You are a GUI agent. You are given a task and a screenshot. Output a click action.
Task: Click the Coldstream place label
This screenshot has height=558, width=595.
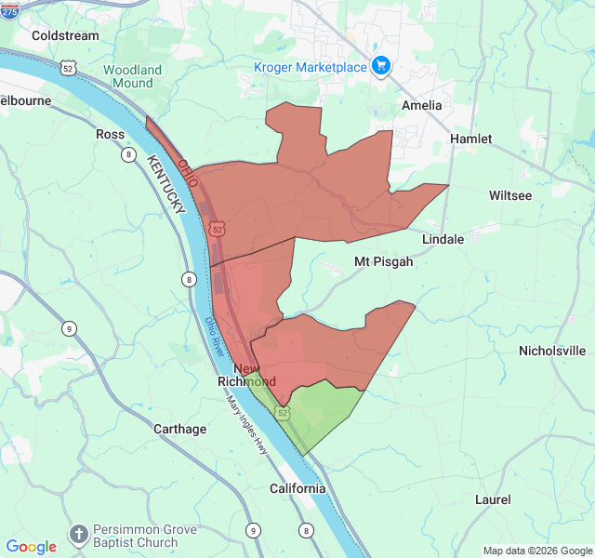tap(64, 35)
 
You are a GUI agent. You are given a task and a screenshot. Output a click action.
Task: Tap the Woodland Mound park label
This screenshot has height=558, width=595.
tap(132, 76)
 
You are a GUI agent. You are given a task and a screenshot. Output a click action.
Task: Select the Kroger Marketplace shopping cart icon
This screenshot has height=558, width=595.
tap(380, 65)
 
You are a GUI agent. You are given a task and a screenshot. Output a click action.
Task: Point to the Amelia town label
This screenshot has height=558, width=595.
tap(422, 105)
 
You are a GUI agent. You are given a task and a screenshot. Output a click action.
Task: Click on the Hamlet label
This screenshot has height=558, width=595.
tap(470, 139)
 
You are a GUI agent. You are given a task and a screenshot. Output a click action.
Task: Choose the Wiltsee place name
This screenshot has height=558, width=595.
tap(510, 195)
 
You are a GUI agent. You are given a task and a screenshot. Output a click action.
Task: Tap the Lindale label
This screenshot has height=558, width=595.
tap(443, 239)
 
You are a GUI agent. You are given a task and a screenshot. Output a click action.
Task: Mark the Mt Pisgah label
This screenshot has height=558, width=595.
tap(383, 261)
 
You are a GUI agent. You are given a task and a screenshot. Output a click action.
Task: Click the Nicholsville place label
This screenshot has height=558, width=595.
tap(552, 351)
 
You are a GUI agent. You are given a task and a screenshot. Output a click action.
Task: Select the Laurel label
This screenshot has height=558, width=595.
tap(492, 499)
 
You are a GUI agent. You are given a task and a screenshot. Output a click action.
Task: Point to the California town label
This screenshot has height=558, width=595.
tap(297, 488)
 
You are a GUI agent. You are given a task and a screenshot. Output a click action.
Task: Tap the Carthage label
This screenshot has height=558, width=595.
tap(179, 429)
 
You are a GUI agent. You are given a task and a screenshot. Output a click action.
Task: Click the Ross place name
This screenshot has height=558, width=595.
tap(110, 134)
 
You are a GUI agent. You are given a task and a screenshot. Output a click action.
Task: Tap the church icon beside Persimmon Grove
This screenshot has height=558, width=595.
tap(79, 536)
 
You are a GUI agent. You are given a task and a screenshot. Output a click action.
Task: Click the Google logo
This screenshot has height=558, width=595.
tap(31, 547)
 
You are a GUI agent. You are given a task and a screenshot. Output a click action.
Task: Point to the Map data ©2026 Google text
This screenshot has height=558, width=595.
tap(537, 551)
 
